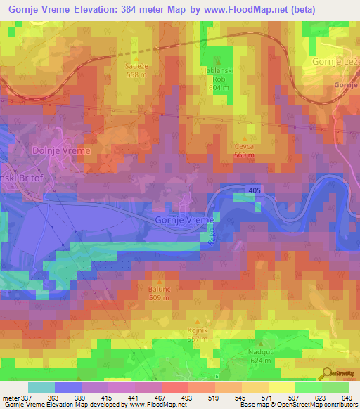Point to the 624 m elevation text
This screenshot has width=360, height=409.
(x=259, y=361)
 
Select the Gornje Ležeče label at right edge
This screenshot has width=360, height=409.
(x=335, y=63)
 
